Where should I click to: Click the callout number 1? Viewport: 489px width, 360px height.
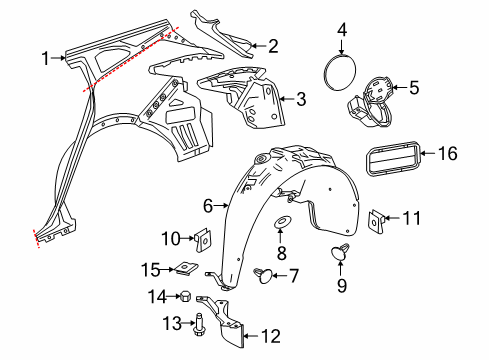point(45,59)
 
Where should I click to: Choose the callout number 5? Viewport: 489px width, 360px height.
point(415,87)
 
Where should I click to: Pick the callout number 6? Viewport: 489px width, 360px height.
point(208,206)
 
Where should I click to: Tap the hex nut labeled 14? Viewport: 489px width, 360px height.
point(185,295)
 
